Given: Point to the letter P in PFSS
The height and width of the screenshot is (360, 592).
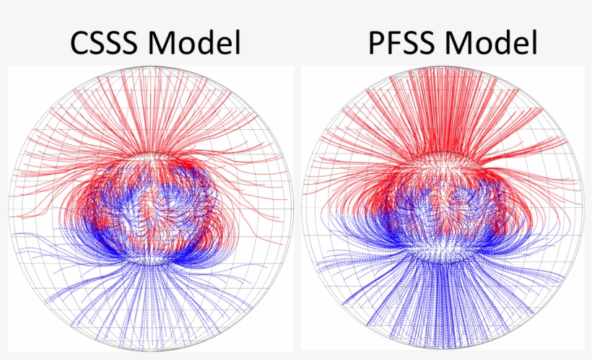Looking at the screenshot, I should pyautogui.click(x=375, y=43).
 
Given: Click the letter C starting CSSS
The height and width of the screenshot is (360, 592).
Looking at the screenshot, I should pyautogui.click(x=82, y=43).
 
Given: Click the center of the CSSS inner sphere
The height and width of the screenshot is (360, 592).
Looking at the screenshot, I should pyautogui.click(x=149, y=209).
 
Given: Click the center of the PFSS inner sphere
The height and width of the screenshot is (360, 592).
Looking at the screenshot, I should pyautogui.click(x=443, y=209).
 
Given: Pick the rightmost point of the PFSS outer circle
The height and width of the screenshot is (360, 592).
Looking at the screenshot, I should pyautogui.click(x=584, y=210).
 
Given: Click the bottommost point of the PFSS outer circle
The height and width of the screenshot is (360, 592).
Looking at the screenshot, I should pyautogui.click(x=443, y=351).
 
